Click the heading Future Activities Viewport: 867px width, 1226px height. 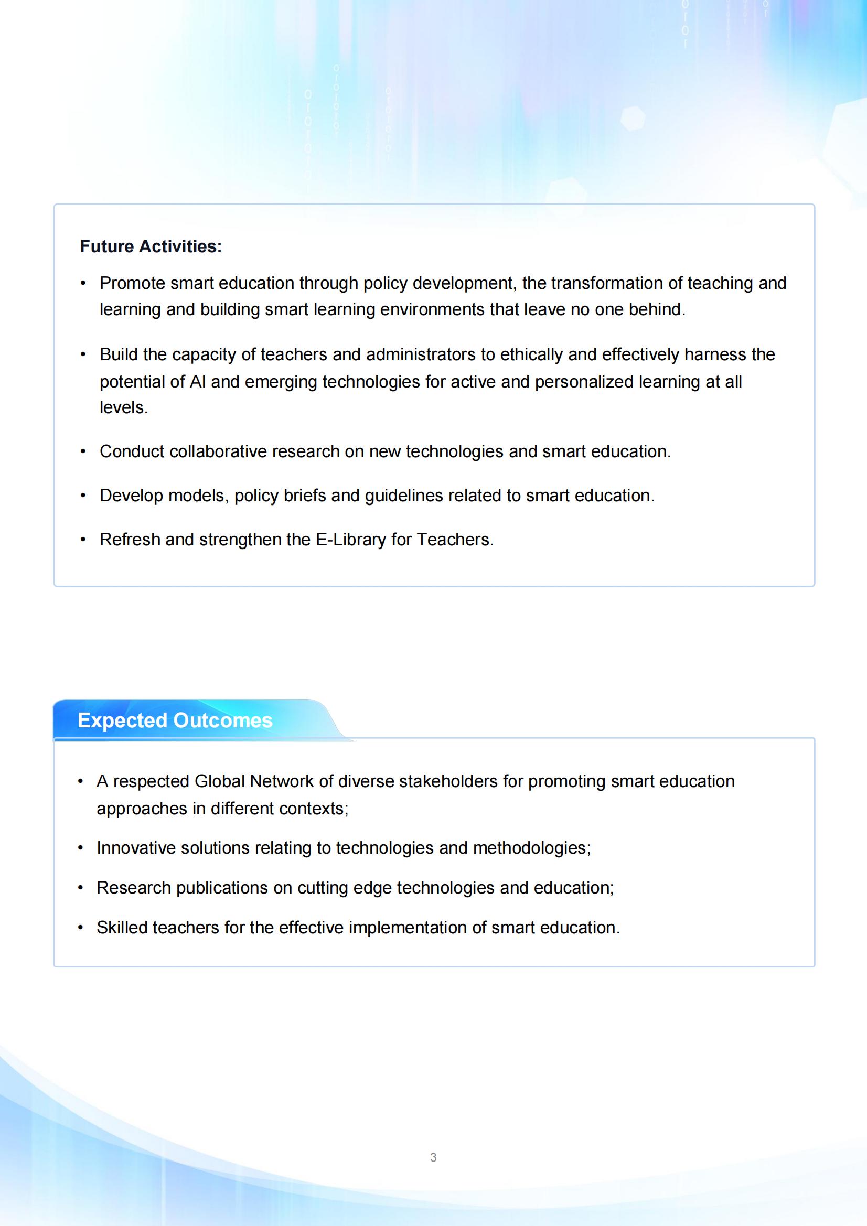pos(151,246)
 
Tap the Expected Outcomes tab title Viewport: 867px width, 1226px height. pos(175,720)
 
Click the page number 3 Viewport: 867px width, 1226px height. pos(433,1157)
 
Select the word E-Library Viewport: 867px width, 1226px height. pos(350,539)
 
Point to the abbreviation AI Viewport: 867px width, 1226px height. pos(197,381)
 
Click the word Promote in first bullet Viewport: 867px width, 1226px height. pos(133,283)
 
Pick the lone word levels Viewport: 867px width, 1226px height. pos(123,407)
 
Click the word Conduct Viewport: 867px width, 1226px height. pos(132,451)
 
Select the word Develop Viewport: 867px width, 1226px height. pos(132,496)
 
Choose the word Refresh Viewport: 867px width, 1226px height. pos(130,539)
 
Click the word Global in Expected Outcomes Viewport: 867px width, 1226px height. pos(220,781)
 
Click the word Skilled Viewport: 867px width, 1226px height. pos(122,928)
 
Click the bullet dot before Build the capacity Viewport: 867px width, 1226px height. pos(83,354)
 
